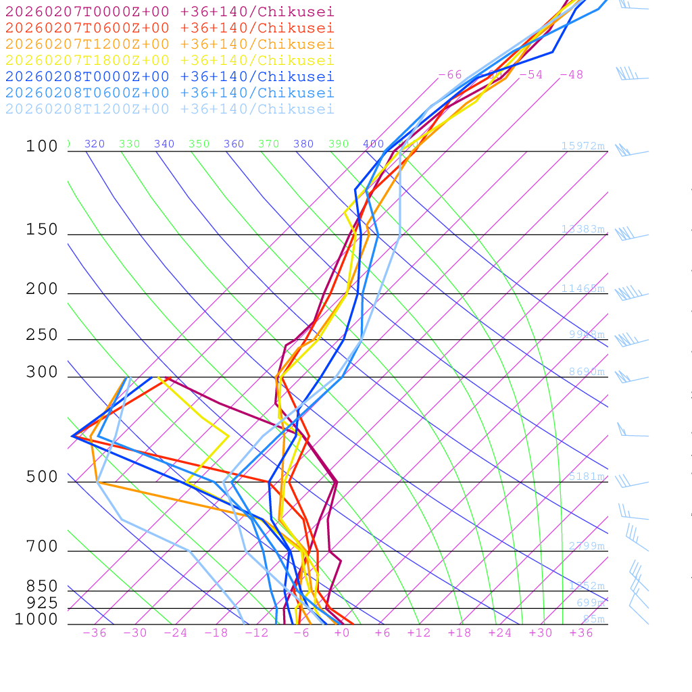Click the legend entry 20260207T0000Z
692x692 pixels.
pyautogui.click(x=169, y=11)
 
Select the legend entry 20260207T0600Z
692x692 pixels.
pyautogui.click(x=169, y=28)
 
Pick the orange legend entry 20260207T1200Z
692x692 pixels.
pyautogui.click(x=169, y=44)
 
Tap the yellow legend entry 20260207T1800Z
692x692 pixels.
pyautogui.click(x=169, y=60)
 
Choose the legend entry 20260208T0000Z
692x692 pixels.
pyautogui.click(x=169, y=76)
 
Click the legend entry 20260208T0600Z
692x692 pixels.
pyautogui.click(x=169, y=93)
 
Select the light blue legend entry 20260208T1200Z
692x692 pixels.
pyautogui.click(x=169, y=109)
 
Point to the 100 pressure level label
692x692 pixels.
pyautogui.click(x=42, y=146)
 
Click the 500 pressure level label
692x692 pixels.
pyautogui.click(x=42, y=477)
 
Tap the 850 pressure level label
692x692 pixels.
pyautogui.click(x=42, y=586)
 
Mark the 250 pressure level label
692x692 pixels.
pyautogui.click(x=42, y=335)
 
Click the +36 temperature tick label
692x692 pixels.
pyautogui.click(x=581, y=633)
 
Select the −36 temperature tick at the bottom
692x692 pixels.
pyautogui.click(x=95, y=633)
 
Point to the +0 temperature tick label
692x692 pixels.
pyautogui.click(x=341, y=633)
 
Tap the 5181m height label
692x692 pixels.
pyautogui.click(x=587, y=476)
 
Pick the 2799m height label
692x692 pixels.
pyautogui.click(x=587, y=546)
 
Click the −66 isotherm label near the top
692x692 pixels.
pyautogui.click(x=450, y=74)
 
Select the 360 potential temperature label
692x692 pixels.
pyautogui.click(x=234, y=144)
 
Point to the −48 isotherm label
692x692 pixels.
pyautogui.click(x=571, y=74)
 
